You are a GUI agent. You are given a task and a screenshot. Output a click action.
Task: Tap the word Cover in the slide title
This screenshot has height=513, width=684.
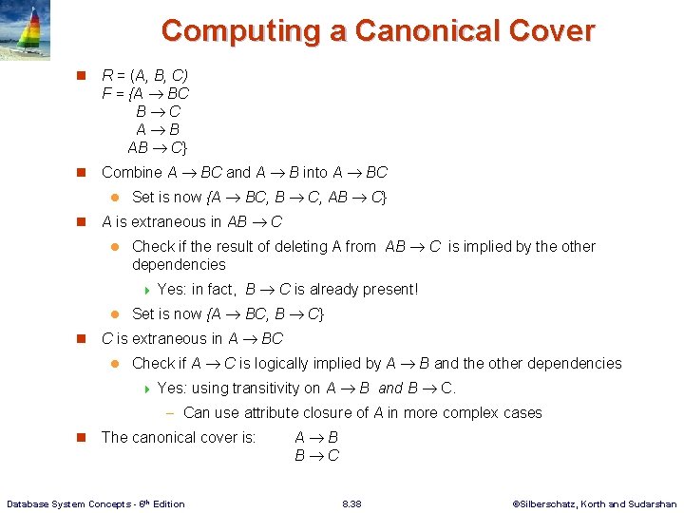[x=551, y=30]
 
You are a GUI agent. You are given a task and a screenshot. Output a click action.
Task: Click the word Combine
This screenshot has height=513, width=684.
[x=132, y=172]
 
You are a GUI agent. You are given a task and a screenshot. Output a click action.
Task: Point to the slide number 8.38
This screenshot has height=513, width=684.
[x=351, y=503]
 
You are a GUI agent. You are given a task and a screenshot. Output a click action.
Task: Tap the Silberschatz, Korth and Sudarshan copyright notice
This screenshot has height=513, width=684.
[x=594, y=503]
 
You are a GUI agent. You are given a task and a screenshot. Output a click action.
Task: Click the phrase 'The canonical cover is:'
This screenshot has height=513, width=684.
[x=179, y=437]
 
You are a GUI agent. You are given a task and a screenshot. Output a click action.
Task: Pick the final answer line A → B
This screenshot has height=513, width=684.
[x=317, y=437]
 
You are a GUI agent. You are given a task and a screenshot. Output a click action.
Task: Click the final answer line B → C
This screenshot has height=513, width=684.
[x=317, y=455]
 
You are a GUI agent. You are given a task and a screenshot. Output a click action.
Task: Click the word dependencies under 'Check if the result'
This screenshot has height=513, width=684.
[x=179, y=264]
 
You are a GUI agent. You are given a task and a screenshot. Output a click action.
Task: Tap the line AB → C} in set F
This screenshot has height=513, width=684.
[x=158, y=147]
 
